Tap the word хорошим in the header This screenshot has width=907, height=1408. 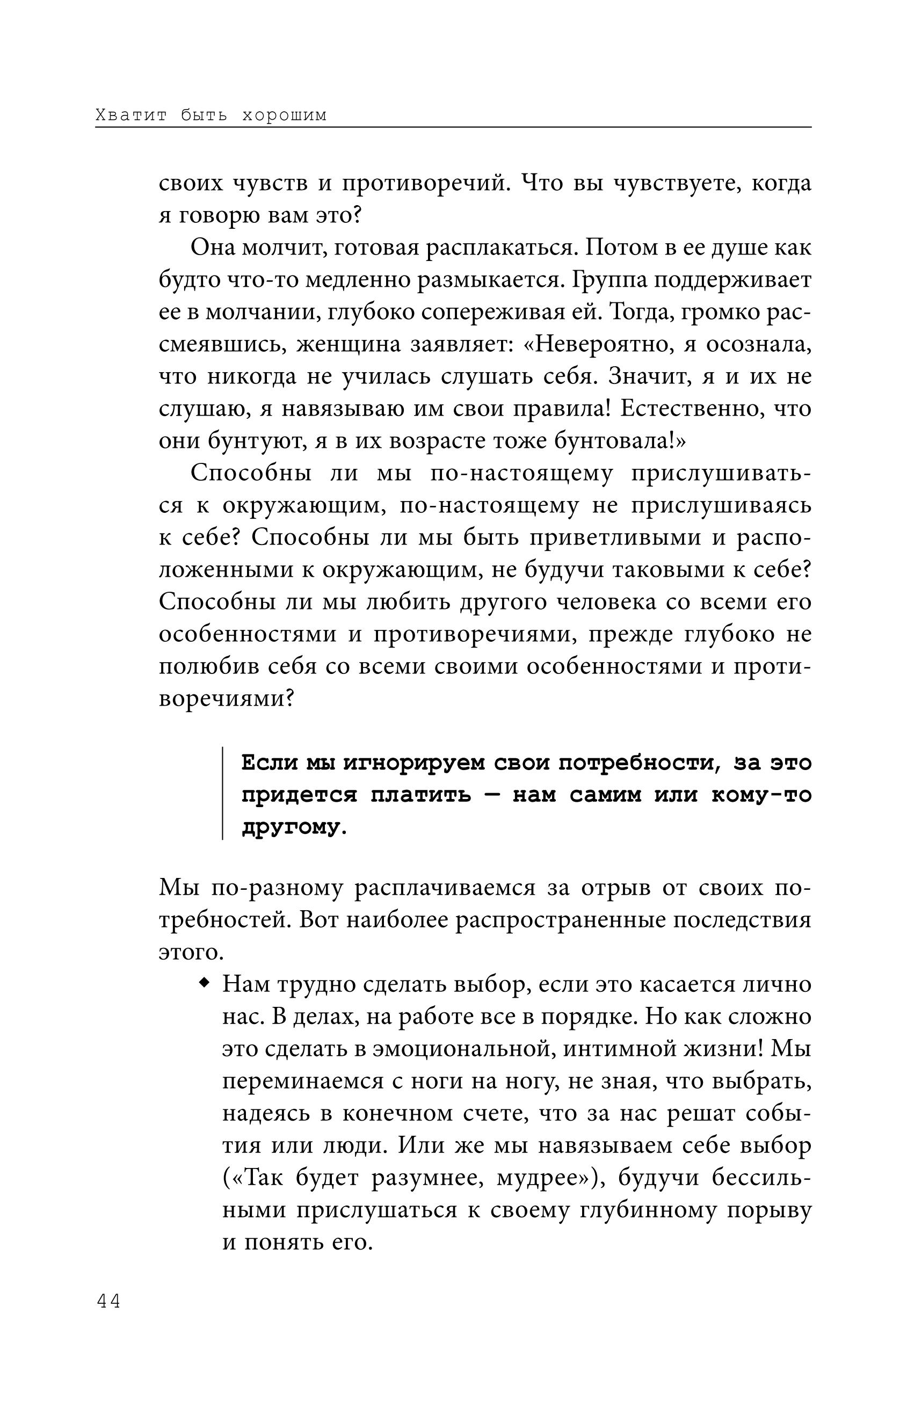[285, 115]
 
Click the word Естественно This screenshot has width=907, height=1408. [688, 408]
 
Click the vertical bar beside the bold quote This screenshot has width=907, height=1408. [223, 793]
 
